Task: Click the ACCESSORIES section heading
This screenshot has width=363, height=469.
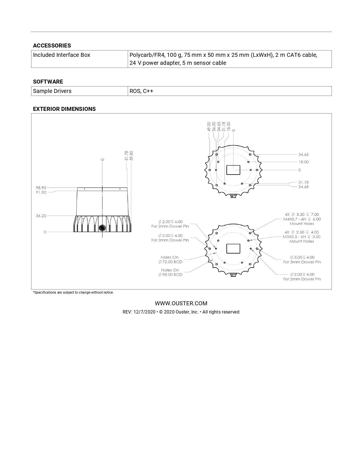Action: [x=52, y=45]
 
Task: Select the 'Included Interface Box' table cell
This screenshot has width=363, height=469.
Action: [x=61, y=55]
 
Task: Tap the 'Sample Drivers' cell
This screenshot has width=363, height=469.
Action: [x=52, y=91]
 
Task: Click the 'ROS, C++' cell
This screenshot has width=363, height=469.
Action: [x=141, y=91]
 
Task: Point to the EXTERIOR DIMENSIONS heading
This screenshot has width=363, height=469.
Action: [x=64, y=109]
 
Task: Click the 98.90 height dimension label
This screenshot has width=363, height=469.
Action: [x=41, y=188]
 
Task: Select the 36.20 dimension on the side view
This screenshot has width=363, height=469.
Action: [x=41, y=216]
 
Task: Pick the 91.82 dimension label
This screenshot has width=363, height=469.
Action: [x=41, y=192]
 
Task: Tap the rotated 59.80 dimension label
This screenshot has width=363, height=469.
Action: [x=131, y=156]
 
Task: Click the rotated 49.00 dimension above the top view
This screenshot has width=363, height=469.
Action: [x=209, y=126]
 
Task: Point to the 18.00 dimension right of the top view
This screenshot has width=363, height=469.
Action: [x=303, y=162]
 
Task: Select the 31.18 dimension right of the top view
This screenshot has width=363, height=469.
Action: [x=303, y=182]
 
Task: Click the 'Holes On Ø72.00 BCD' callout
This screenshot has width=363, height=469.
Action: [x=170, y=260]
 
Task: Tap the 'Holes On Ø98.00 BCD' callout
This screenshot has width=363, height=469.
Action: [x=170, y=272]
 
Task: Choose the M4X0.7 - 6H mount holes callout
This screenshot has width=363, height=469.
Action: [x=302, y=219]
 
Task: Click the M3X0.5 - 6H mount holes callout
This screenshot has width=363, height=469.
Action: [x=302, y=237]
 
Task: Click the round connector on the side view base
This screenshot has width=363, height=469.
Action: [x=102, y=228]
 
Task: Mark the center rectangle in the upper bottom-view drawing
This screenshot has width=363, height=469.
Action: [x=233, y=170]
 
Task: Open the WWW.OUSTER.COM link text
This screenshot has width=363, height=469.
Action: [x=181, y=303]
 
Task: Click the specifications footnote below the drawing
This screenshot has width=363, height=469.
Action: [x=73, y=292]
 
